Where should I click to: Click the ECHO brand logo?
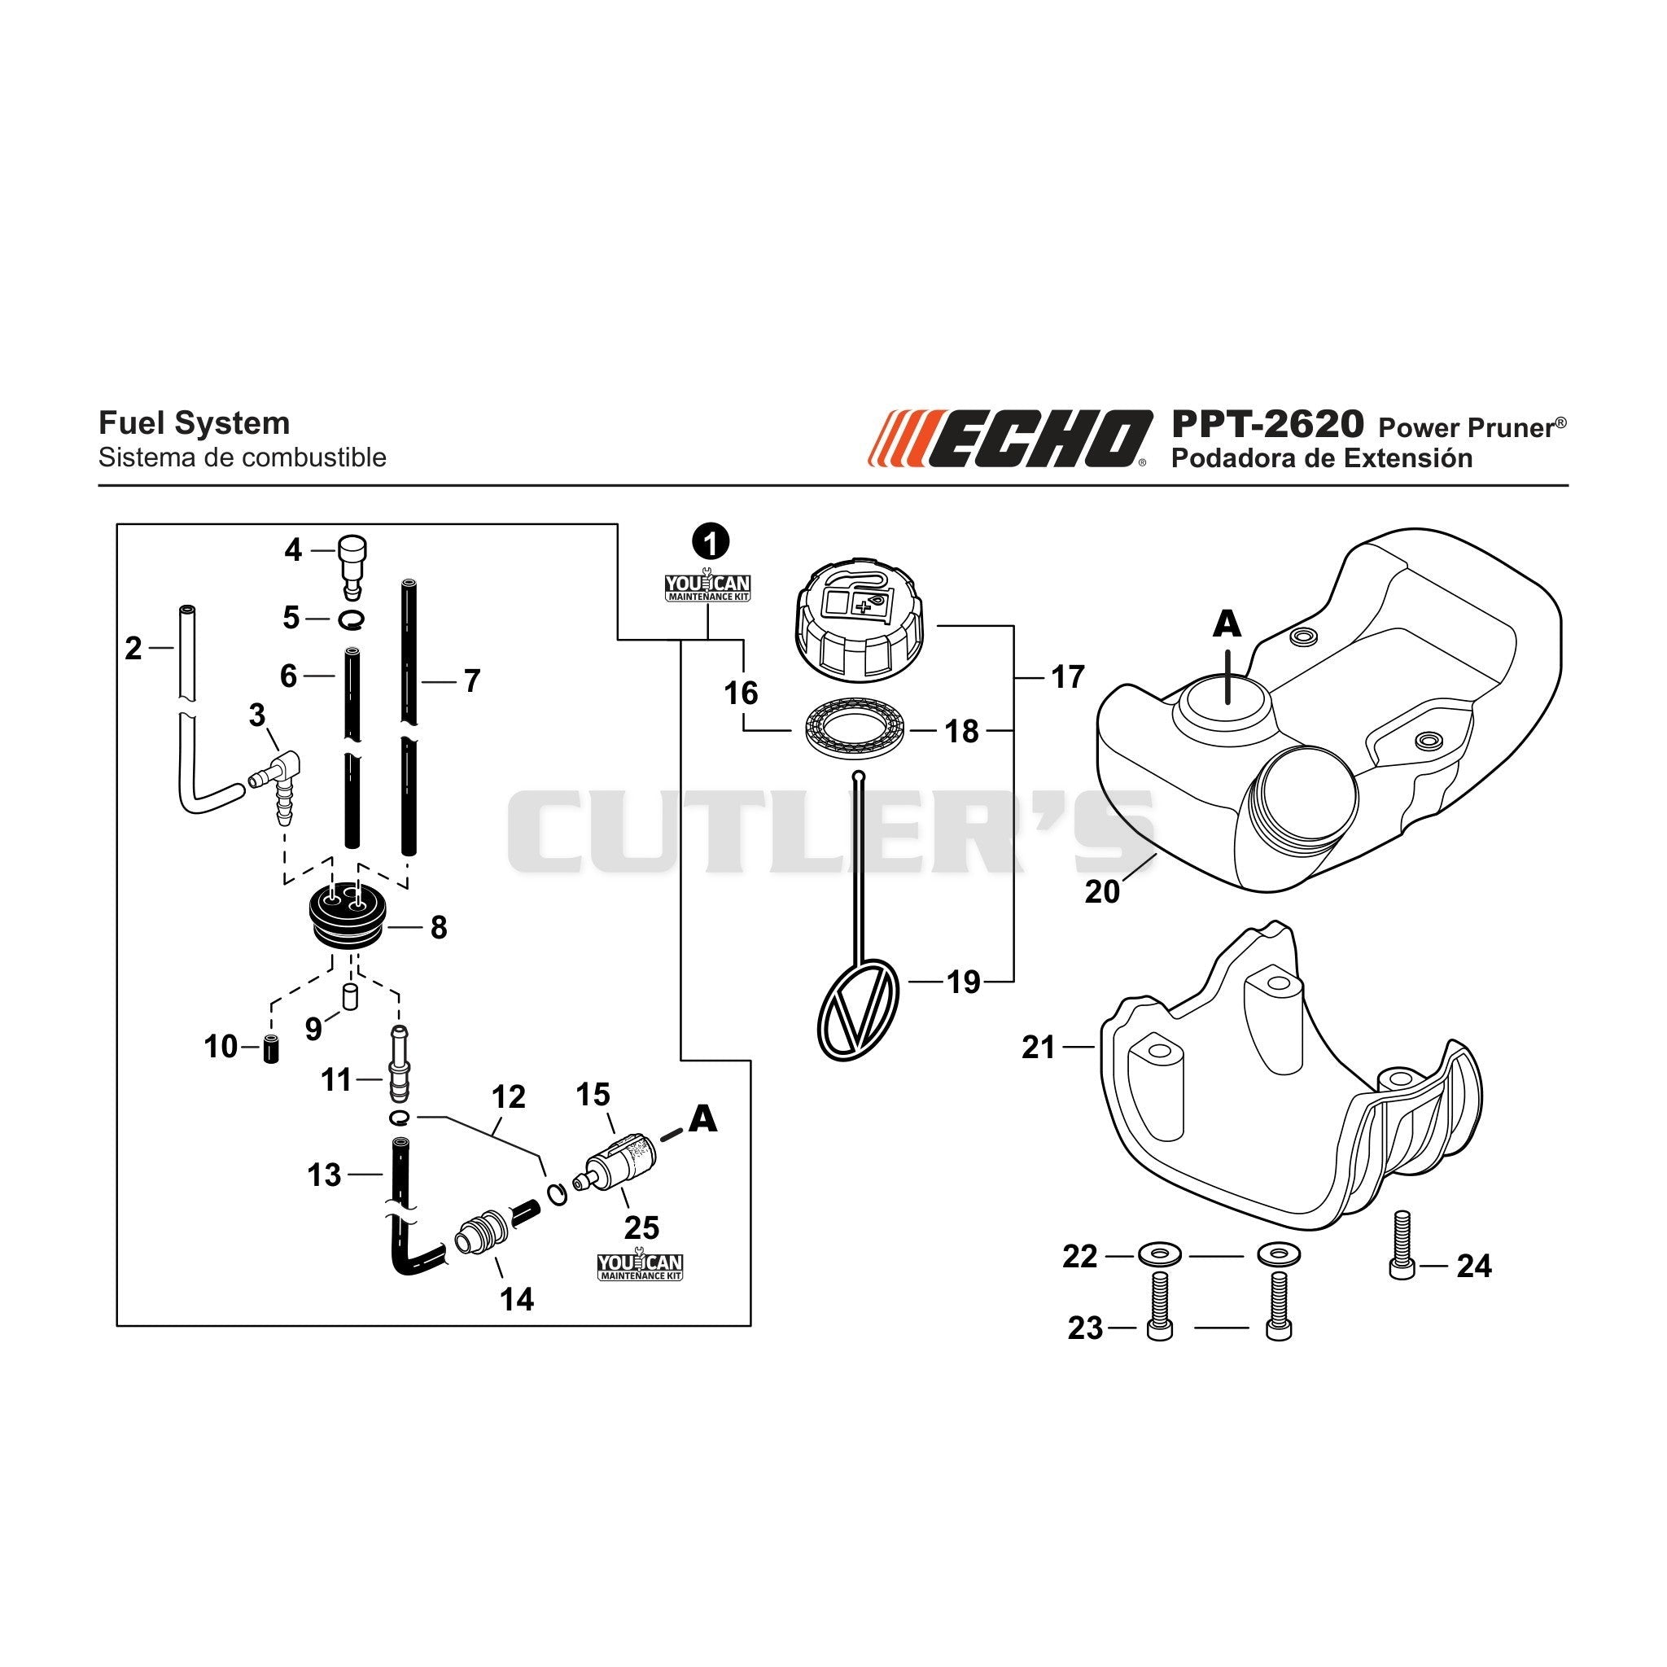(x=1009, y=439)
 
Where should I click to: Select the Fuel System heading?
(x=195, y=423)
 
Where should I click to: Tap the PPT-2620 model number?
(x=1267, y=425)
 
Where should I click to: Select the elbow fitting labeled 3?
(x=276, y=778)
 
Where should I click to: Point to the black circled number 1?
(x=710, y=542)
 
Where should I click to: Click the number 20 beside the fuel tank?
(x=1102, y=891)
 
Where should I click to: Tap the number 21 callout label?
(x=1039, y=1048)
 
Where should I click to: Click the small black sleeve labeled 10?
(x=271, y=1048)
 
